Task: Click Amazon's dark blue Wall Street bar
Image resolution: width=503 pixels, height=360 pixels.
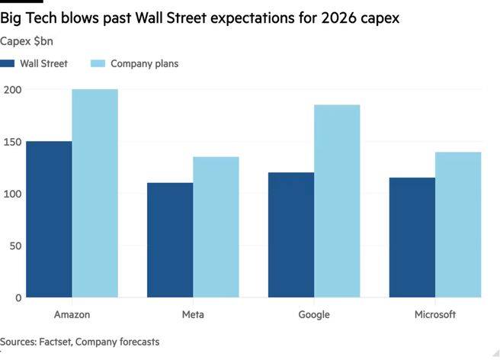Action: pyautogui.click(x=49, y=219)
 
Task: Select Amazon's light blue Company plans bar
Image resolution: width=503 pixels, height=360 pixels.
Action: pyautogui.click(x=95, y=193)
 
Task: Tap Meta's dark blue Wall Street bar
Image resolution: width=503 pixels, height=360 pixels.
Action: pyautogui.click(x=170, y=239)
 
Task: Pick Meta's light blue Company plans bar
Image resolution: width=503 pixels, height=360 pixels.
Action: pyautogui.click(x=216, y=227)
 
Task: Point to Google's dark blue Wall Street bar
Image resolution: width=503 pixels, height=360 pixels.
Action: pyautogui.click(x=291, y=234)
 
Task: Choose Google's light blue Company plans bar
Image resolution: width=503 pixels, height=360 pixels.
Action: pyautogui.click(x=337, y=201)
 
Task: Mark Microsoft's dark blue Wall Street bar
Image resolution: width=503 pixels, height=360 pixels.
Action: pyautogui.click(x=412, y=237)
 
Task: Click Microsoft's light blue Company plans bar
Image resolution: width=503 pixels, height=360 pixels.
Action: pyautogui.click(x=458, y=224)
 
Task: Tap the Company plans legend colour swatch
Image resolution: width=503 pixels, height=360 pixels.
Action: pyautogui.click(x=98, y=64)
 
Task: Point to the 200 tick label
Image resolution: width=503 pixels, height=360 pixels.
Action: pyautogui.click(x=11, y=90)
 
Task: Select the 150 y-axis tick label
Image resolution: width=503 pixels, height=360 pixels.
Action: pyautogui.click(x=11, y=142)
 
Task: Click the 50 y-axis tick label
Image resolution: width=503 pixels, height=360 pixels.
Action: pyautogui.click(x=14, y=246)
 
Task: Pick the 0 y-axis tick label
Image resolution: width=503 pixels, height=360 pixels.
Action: pyautogui.click(x=18, y=297)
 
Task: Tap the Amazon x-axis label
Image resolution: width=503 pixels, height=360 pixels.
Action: pyautogui.click(x=72, y=314)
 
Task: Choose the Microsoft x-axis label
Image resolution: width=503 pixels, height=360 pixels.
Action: pyautogui.click(x=435, y=314)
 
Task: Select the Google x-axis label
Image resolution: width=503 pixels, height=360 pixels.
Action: pyautogui.click(x=314, y=314)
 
